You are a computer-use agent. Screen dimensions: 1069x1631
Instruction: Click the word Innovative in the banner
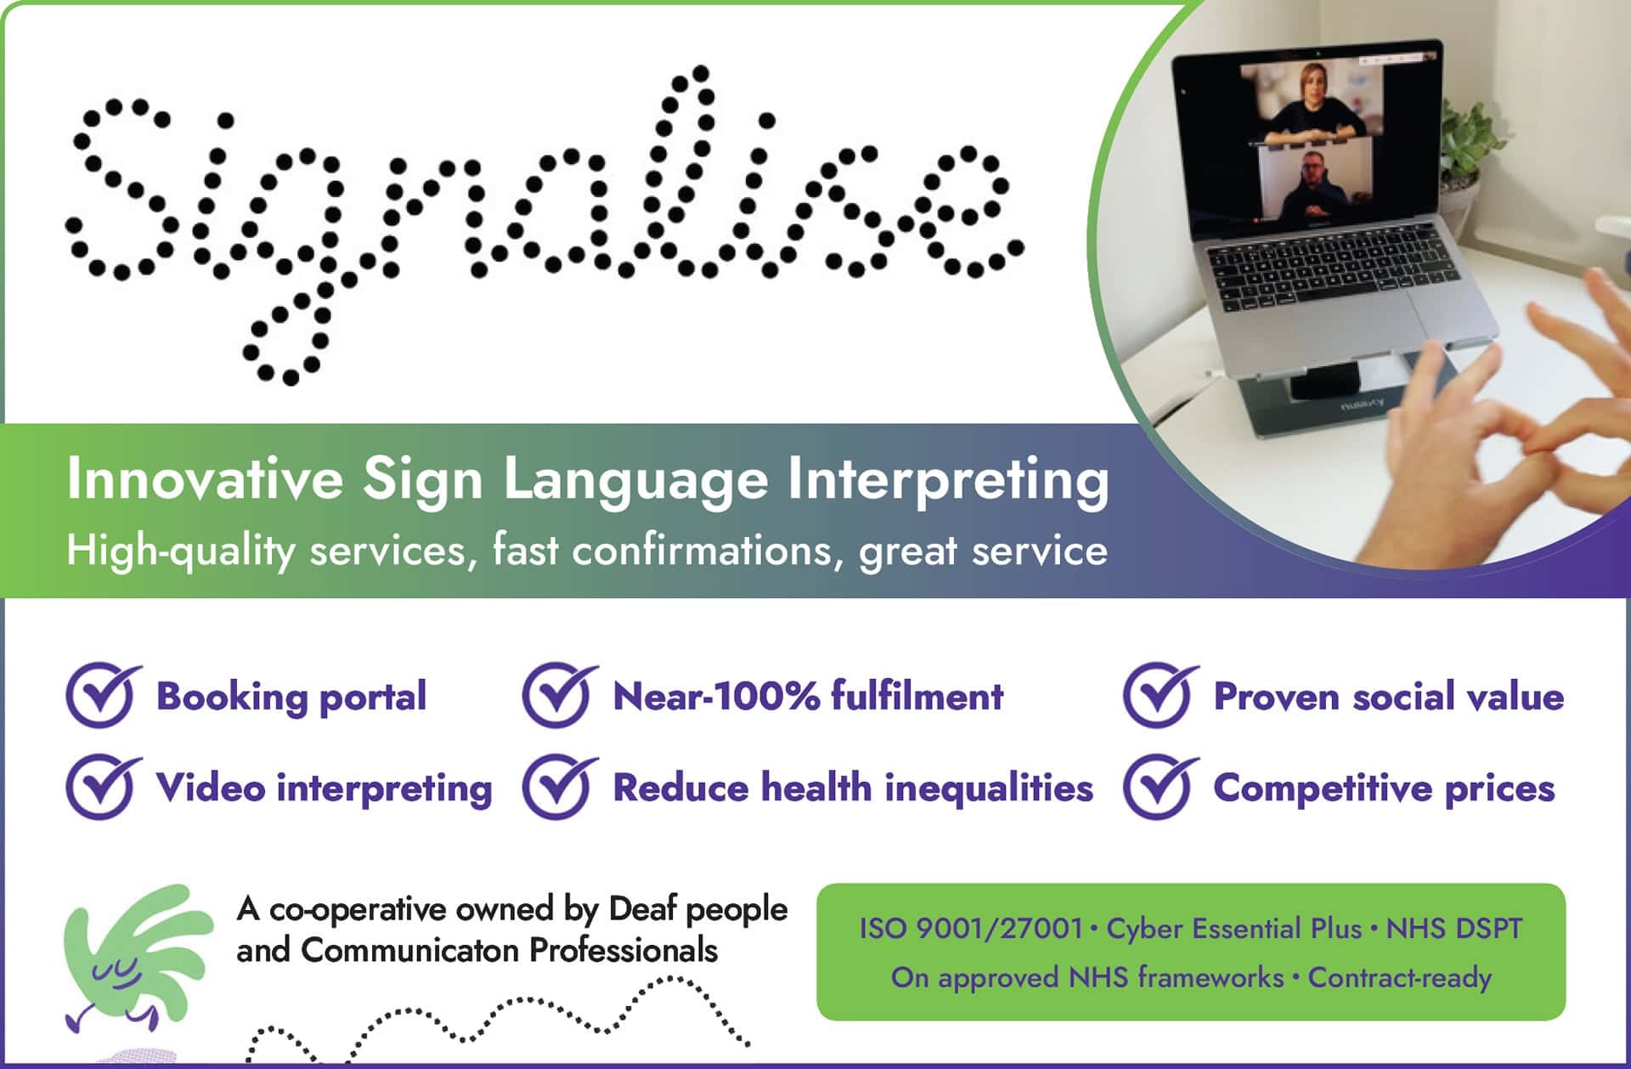[204, 479]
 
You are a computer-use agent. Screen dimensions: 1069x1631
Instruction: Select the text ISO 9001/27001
[970, 928]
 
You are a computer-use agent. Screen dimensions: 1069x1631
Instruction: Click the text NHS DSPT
[1453, 928]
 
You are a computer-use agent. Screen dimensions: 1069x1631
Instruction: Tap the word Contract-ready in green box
[1399, 977]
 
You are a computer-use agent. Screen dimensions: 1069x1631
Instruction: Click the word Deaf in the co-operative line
[643, 909]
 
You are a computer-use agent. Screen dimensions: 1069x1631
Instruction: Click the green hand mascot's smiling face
[117, 973]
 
